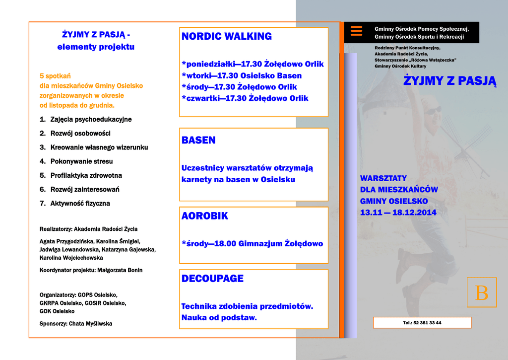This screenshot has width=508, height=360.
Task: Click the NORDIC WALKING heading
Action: click(x=227, y=36)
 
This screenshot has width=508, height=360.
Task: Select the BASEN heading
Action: click(x=198, y=140)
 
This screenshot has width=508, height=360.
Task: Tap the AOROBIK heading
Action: click(x=205, y=216)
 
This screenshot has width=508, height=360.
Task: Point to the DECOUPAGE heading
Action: click(x=212, y=279)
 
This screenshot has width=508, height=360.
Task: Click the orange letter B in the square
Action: click(x=481, y=292)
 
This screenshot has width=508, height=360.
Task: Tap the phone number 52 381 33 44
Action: click(x=422, y=323)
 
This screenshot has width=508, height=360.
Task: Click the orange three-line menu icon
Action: click(x=356, y=31)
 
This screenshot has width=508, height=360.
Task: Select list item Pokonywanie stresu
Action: click(x=81, y=161)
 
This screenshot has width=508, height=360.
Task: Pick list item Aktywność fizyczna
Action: click(x=80, y=204)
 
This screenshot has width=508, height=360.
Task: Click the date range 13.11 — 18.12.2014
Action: click(x=398, y=213)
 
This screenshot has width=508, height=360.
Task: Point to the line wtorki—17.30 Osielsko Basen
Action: click(x=242, y=76)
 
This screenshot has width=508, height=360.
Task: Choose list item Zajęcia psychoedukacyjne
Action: click(x=91, y=120)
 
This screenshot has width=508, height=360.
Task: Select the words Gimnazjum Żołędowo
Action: click(x=281, y=244)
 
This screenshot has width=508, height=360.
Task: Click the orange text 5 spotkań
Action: click(x=55, y=76)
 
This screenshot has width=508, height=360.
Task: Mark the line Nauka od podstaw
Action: click(x=219, y=318)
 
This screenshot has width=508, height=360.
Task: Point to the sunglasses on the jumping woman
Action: click(x=433, y=110)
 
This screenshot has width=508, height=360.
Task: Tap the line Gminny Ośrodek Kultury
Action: click(x=400, y=66)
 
